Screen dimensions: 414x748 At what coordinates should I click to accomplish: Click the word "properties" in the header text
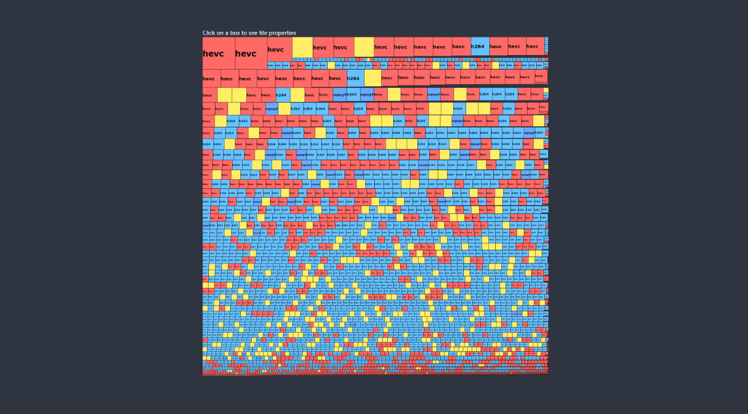pyautogui.click(x=281, y=33)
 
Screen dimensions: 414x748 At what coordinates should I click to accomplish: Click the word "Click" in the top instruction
pyautogui.click(x=209, y=33)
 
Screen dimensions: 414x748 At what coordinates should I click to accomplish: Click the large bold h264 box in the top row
pyautogui.click(x=480, y=46)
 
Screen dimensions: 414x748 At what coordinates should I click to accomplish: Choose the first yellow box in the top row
pyautogui.click(x=302, y=47)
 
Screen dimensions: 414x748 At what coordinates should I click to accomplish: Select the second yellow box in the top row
pyautogui.click(x=364, y=47)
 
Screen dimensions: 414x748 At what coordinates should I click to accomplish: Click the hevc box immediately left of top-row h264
pyautogui.click(x=461, y=46)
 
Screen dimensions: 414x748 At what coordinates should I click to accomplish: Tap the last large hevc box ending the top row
pyautogui.click(x=535, y=46)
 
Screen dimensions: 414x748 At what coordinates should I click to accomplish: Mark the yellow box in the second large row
pyautogui.click(x=372, y=78)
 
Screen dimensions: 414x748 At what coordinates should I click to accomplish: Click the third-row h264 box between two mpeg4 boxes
pyautogui.click(x=352, y=94)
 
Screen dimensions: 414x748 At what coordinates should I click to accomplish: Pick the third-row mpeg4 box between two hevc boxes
pyautogui.click(x=434, y=94)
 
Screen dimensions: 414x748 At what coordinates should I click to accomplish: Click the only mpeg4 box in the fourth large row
pyautogui.click(x=272, y=108)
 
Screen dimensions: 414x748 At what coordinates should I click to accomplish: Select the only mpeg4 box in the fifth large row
pyautogui.click(x=457, y=121)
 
